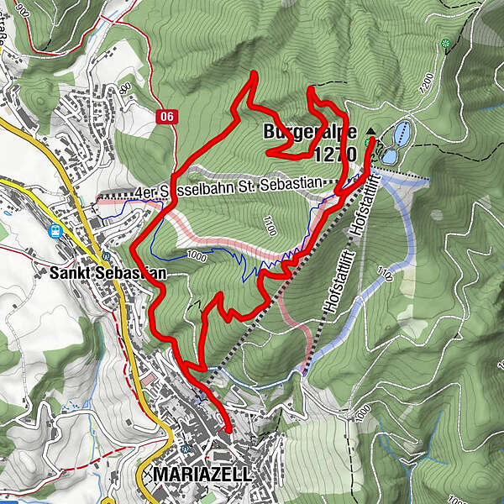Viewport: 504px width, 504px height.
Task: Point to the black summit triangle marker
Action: coord(372,132)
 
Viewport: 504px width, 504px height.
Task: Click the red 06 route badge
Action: coord(166,117)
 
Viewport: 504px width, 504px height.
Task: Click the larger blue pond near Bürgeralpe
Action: coord(402,132)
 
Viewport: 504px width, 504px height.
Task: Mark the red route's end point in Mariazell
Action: coord(228,431)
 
